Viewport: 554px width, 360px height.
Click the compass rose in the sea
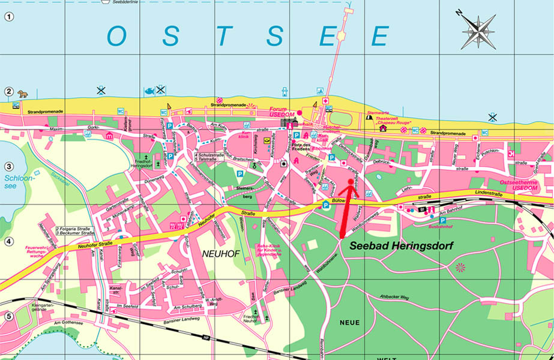coord(478,29)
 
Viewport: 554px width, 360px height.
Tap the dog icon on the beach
coord(23,94)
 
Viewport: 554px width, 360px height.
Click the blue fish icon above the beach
coord(148,91)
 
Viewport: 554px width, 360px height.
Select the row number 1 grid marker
coord(8,17)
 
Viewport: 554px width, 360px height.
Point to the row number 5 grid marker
coord(8,316)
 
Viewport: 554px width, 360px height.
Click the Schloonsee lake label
coord(14,182)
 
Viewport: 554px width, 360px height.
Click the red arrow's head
coord(351,183)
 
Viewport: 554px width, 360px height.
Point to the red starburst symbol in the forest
coord(460,267)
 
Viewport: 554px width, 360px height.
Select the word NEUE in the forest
coord(350,322)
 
